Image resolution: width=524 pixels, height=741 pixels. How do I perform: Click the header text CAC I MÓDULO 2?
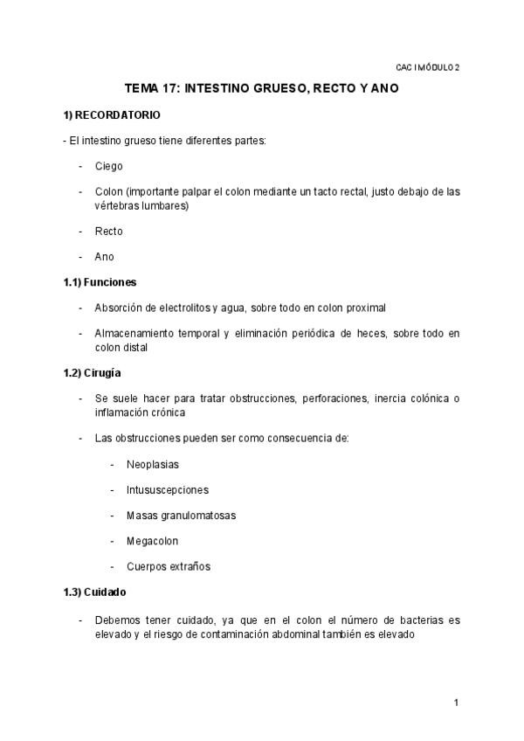[x=427, y=66]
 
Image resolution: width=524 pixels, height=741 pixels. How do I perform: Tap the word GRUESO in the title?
[x=295, y=89]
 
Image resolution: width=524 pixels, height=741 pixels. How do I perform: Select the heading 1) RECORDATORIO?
[x=111, y=115]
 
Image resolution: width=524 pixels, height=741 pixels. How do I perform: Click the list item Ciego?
[x=109, y=166]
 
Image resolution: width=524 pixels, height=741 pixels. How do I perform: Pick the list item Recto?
[x=109, y=232]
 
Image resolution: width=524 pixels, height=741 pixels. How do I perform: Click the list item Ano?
[x=105, y=257]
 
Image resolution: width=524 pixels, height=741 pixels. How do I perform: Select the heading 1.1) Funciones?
[x=100, y=282]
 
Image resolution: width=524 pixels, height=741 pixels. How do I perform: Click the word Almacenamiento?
[x=137, y=333]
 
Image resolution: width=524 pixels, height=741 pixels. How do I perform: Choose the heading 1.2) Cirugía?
[x=97, y=373]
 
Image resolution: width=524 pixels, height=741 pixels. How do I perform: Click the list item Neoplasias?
[x=153, y=464]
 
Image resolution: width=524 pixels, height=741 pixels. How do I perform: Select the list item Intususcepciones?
[x=168, y=489]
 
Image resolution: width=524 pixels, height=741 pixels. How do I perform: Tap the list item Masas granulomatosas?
[x=181, y=515]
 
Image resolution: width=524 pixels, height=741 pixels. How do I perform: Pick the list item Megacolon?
[x=154, y=540]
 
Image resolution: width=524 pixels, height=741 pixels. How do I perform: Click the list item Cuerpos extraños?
[x=169, y=565]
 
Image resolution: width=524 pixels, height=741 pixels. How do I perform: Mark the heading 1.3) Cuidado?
[x=97, y=592]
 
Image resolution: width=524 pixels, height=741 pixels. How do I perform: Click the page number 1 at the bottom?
[x=456, y=703]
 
